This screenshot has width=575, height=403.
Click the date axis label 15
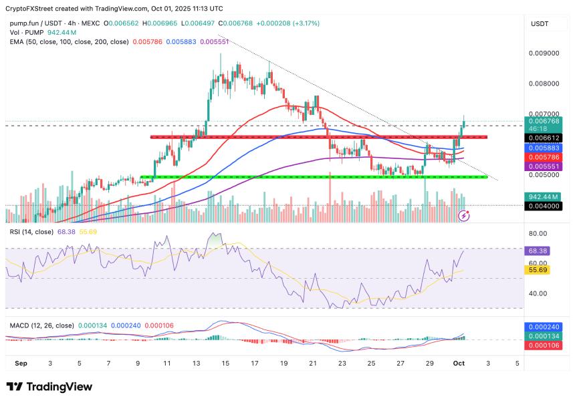[x=226, y=364]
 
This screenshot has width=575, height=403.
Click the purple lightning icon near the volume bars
[x=464, y=215]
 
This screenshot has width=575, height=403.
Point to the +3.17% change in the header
[x=306, y=23]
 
